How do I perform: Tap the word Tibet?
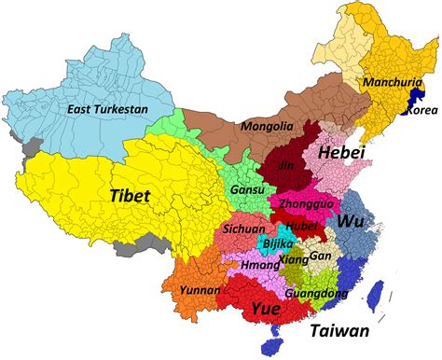(131, 197)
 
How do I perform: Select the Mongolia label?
(261, 126)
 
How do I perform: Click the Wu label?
(351, 222)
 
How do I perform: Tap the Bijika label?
(279, 243)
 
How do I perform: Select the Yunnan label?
(200, 290)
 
